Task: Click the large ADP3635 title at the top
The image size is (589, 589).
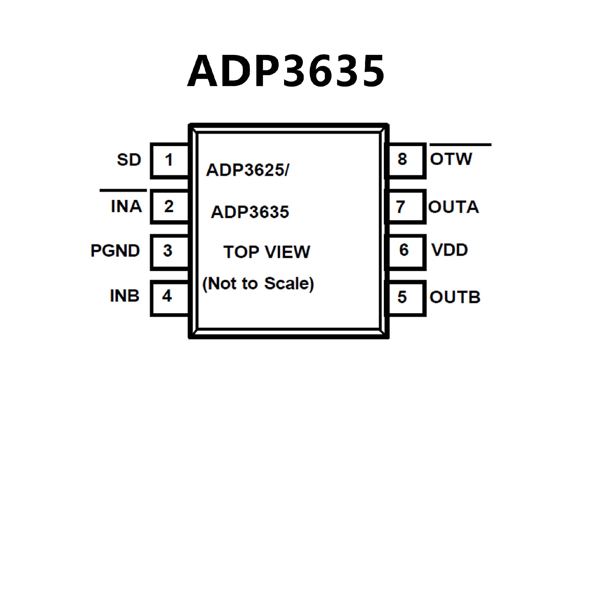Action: (286, 71)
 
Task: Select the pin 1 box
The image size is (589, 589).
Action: (169, 160)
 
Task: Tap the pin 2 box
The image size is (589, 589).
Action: (169, 206)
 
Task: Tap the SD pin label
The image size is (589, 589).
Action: (129, 160)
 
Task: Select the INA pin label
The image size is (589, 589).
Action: (126, 206)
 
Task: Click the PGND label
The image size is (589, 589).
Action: (115, 251)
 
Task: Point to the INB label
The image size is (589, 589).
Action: (125, 296)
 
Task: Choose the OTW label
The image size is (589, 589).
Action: (451, 159)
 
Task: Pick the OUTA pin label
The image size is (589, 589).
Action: (453, 207)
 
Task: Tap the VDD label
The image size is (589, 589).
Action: (449, 250)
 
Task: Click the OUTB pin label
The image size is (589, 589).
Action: (455, 298)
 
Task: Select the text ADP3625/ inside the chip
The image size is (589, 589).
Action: (247, 170)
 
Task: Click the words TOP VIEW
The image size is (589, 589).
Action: (267, 252)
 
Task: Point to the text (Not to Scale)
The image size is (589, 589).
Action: (258, 284)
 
